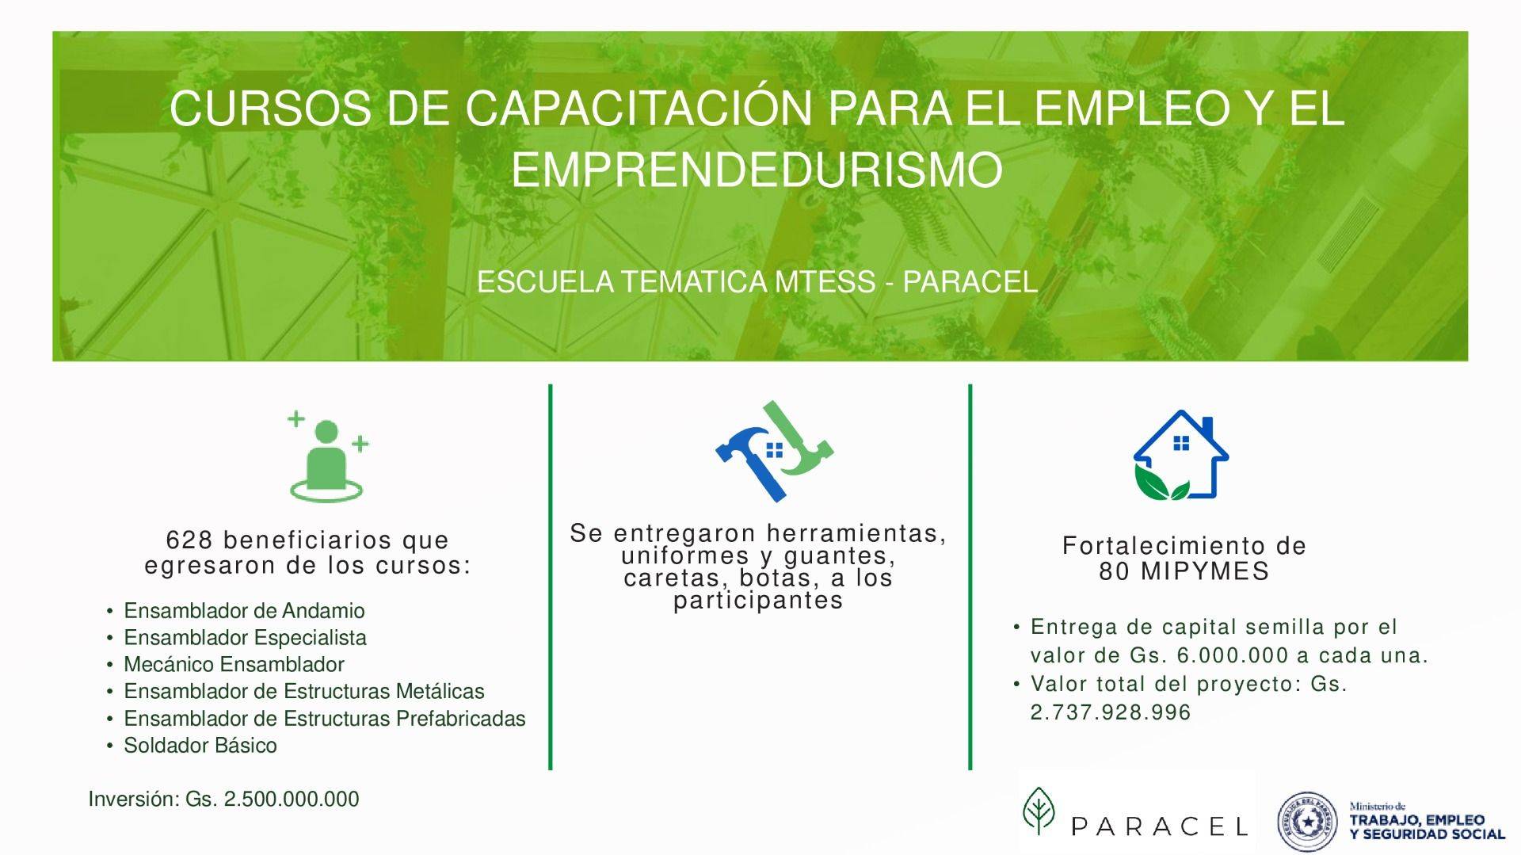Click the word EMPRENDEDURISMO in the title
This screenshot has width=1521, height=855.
pyautogui.click(x=757, y=169)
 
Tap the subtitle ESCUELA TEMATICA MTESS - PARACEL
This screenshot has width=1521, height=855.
pyautogui.click(x=757, y=282)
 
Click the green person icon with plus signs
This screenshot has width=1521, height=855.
pyautogui.click(x=327, y=456)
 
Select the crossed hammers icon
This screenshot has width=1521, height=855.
pyautogui.click(x=774, y=451)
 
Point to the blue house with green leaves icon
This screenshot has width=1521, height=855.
pyautogui.click(x=1180, y=456)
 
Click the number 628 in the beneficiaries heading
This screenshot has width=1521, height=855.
pyautogui.click(x=189, y=540)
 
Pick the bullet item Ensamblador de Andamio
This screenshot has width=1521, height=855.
pyautogui.click(x=244, y=611)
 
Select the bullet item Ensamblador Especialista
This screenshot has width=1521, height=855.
pyautogui.click(x=245, y=638)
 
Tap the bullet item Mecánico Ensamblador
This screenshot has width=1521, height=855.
pyautogui.click(x=234, y=664)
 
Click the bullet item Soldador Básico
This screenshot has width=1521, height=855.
pyautogui.click(x=200, y=746)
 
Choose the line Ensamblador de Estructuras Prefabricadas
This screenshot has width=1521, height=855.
pyautogui.click(x=325, y=719)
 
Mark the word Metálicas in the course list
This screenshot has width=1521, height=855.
pyautogui.click(x=440, y=691)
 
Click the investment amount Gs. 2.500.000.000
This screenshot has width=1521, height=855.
pyautogui.click(x=273, y=799)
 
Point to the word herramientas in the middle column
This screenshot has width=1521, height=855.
pyautogui.click(x=856, y=533)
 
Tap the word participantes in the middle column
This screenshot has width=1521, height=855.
pyautogui.click(x=758, y=601)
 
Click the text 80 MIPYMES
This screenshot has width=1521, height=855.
pyautogui.click(x=1184, y=571)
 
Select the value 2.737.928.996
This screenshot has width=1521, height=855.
pyautogui.click(x=1111, y=712)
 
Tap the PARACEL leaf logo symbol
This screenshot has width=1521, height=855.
pyautogui.click(x=1039, y=811)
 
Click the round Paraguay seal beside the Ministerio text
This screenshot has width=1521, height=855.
pyautogui.click(x=1307, y=821)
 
